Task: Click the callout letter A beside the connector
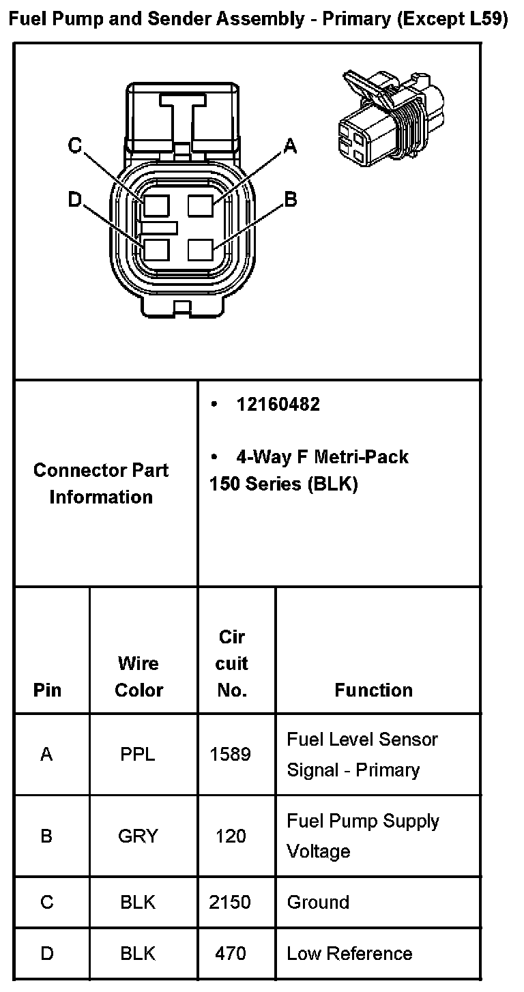(x=291, y=145)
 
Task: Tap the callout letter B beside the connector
(x=291, y=199)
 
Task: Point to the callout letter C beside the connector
(x=75, y=145)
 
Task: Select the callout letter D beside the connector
(x=75, y=199)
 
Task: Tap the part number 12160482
(x=278, y=405)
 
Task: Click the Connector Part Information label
(x=101, y=484)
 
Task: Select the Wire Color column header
(x=139, y=676)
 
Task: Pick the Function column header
(x=373, y=690)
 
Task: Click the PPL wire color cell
(x=138, y=754)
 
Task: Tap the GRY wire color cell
(x=138, y=836)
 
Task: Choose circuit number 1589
(x=231, y=754)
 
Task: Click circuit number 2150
(x=231, y=902)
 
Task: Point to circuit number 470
(x=231, y=953)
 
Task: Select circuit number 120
(x=231, y=836)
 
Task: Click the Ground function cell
(x=318, y=902)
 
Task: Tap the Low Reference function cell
(x=349, y=953)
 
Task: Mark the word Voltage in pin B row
(x=319, y=851)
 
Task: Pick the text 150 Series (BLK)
(x=283, y=484)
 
